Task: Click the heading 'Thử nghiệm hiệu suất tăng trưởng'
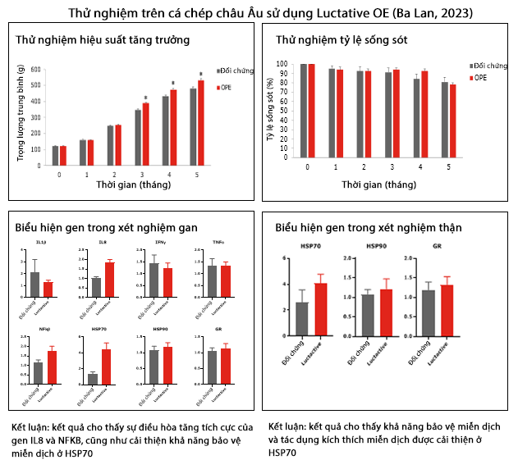[103, 39]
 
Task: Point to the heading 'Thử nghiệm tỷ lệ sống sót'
[341, 39]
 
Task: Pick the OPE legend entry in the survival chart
[479, 77]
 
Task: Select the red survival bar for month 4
[424, 114]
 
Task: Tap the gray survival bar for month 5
[445, 120]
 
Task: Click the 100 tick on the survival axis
[282, 64]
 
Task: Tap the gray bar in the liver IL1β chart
[34, 284]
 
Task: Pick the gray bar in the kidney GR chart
[429, 313]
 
